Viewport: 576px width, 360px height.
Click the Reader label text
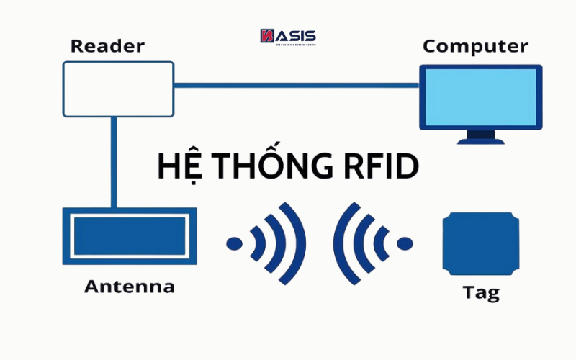point(107,46)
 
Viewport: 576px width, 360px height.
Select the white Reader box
point(118,89)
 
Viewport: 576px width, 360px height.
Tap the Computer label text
point(474,46)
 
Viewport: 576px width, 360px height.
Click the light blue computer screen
point(480,98)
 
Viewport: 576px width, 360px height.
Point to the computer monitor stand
point(480,135)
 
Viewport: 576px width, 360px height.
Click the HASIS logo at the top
point(287,37)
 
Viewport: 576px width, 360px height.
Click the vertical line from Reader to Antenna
point(113,162)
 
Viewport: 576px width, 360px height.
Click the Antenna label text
point(130,287)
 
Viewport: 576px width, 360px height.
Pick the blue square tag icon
point(480,243)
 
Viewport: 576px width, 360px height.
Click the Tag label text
point(480,293)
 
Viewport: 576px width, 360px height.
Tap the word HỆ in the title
point(176,166)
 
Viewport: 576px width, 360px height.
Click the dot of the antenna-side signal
point(234,243)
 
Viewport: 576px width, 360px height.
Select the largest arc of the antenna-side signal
point(297,243)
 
